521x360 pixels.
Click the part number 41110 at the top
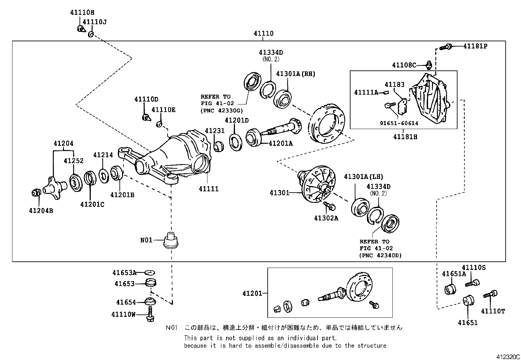click(263, 33)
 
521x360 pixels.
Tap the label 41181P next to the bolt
click(475, 47)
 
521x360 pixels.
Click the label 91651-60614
click(399, 123)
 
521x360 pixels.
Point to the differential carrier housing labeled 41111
click(177, 154)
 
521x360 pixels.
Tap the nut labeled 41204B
click(36, 193)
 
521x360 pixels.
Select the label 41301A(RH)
click(296, 74)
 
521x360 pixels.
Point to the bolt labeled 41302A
click(329, 206)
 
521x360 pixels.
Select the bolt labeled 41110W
click(150, 314)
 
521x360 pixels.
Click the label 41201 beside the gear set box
click(252, 294)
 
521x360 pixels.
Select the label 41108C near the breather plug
click(404, 65)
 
